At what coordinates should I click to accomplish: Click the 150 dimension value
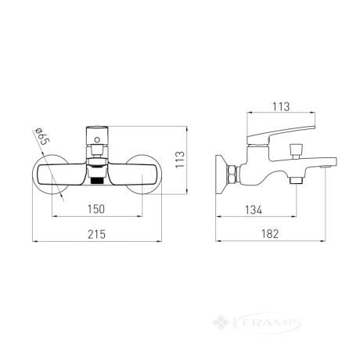point(96,209)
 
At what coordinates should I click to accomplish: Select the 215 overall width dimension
point(96,234)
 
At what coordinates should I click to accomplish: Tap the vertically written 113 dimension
point(180,160)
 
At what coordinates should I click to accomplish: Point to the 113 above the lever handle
point(281,106)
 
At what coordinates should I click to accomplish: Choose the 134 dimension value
point(254,210)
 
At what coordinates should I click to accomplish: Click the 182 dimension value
point(270,234)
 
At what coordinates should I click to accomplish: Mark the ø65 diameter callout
point(42,136)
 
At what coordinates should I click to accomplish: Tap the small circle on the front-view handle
point(97,140)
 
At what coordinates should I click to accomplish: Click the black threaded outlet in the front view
point(97,181)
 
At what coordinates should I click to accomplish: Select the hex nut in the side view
point(232,175)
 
